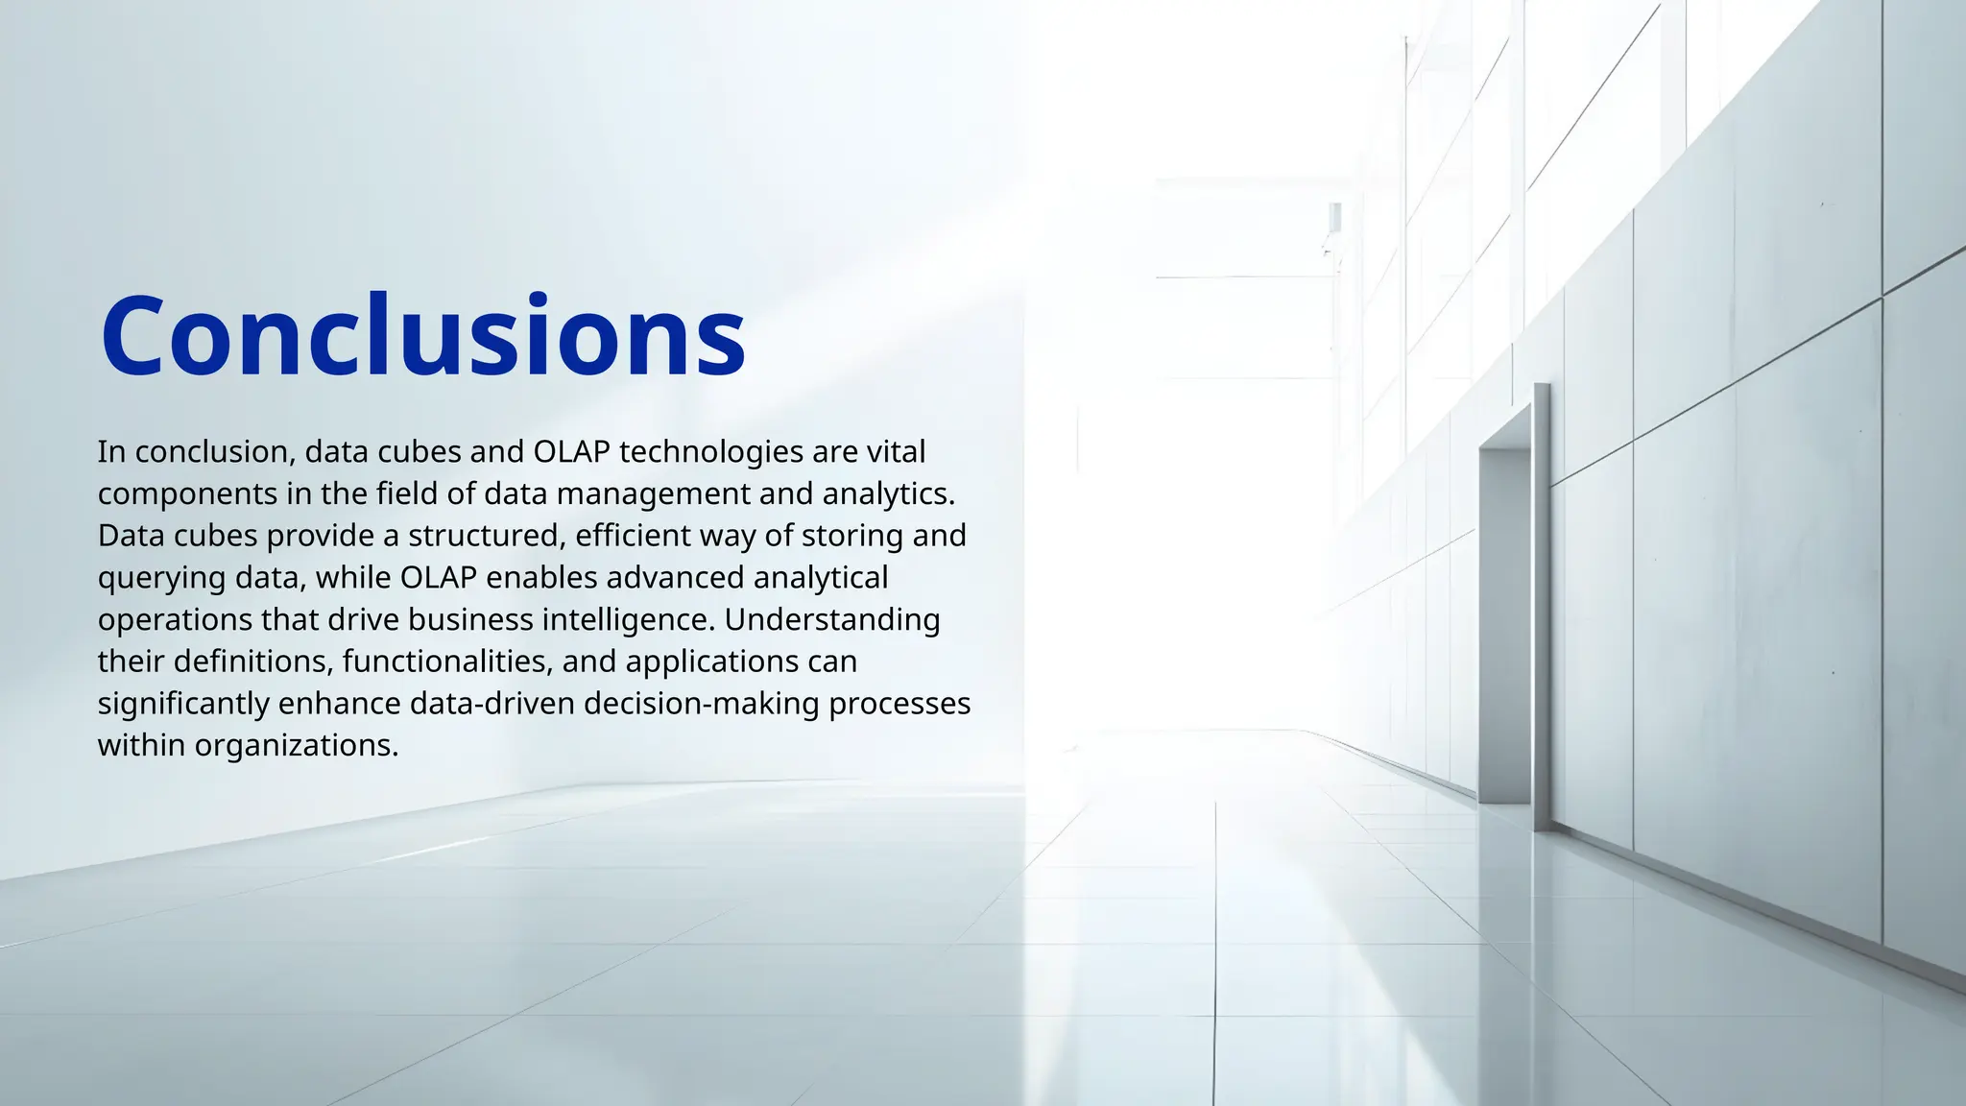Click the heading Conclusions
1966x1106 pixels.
[x=422, y=336]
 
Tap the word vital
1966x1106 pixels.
[x=896, y=451]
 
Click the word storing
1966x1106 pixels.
[x=852, y=536]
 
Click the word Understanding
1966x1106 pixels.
[x=832, y=620]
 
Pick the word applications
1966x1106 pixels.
[x=712, y=662]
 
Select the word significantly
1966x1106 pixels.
[x=183, y=704]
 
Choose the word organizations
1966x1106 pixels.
[x=296, y=746]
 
